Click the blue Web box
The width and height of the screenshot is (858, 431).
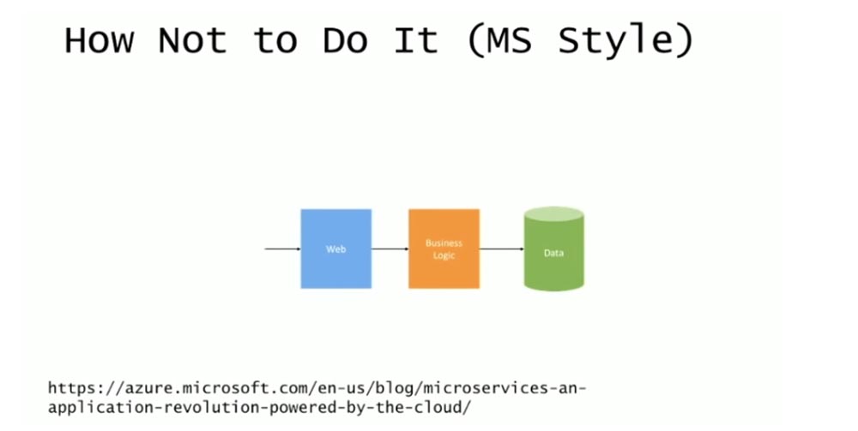(336, 248)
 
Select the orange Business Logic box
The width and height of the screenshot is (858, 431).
(444, 248)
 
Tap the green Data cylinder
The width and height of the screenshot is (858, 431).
(553, 248)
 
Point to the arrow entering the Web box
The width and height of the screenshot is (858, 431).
(283, 249)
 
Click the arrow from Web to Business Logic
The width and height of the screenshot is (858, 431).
(390, 249)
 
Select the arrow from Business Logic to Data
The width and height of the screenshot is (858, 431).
(502, 249)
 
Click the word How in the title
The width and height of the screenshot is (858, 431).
(99, 40)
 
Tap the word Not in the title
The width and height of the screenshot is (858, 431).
(192, 40)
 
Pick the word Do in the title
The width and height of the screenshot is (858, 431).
(345, 40)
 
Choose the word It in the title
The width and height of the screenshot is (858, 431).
(416, 40)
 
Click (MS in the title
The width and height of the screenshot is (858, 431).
(499, 41)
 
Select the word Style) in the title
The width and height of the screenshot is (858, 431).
(625, 42)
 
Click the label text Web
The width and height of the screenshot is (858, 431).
(336, 249)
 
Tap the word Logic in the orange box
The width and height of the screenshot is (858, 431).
(444, 255)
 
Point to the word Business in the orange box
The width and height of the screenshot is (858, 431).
(444, 243)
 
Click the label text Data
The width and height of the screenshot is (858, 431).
(553, 253)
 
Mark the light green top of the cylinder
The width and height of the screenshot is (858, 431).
(553, 213)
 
